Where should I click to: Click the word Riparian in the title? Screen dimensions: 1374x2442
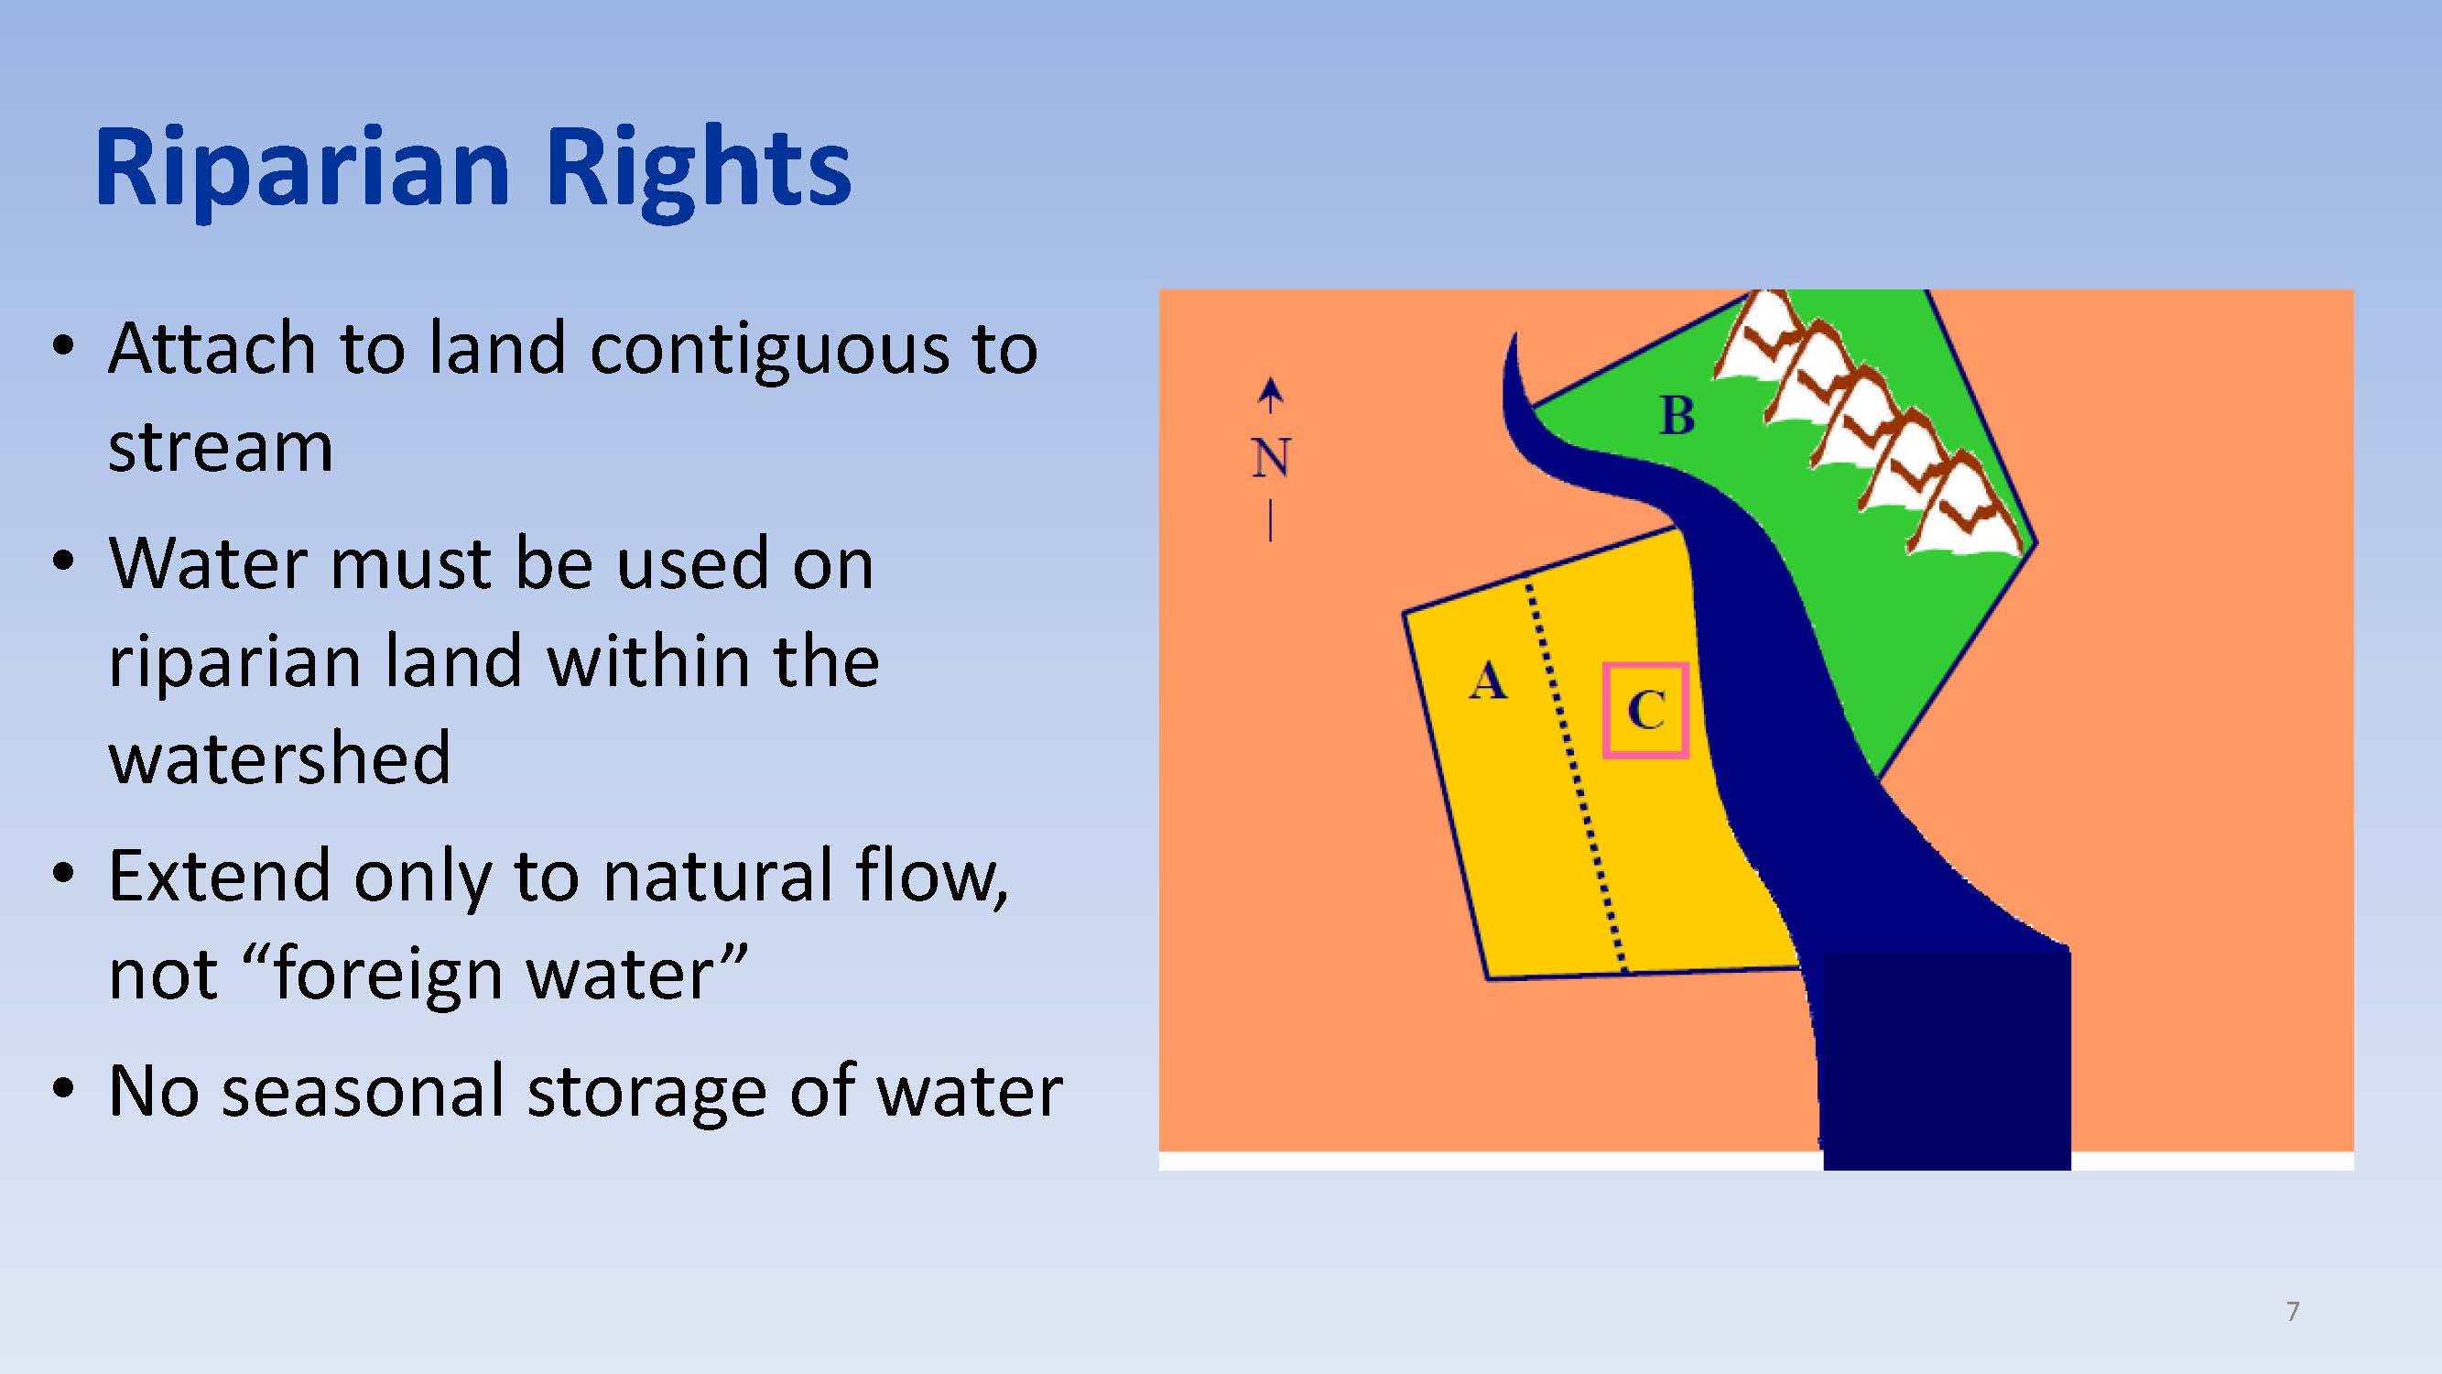(x=302, y=169)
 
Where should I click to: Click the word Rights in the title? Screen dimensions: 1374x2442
(x=699, y=169)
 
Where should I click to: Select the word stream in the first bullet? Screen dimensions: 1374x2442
(x=220, y=447)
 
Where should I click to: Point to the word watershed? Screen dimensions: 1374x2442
(x=279, y=758)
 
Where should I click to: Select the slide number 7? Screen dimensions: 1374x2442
(x=2292, y=1312)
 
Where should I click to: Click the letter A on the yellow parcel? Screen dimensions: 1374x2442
(x=1487, y=681)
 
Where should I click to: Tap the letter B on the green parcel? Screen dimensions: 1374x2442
(x=1677, y=415)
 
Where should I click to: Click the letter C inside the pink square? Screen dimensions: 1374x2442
(x=1645, y=709)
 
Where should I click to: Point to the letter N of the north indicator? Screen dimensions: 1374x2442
(x=1270, y=458)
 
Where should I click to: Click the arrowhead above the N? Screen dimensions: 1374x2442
(x=1270, y=389)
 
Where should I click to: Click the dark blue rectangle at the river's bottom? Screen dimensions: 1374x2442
(x=1947, y=1060)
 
